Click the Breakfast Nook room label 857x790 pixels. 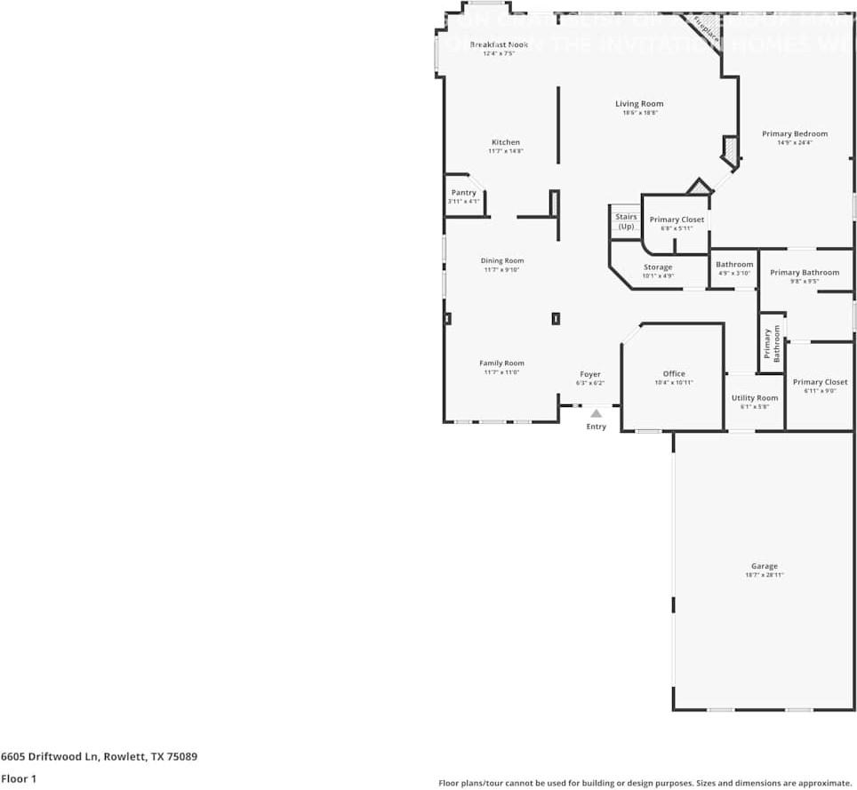pyautogui.click(x=499, y=44)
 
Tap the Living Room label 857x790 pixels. pyautogui.click(x=639, y=104)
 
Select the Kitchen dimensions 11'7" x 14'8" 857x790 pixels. pyautogui.click(x=505, y=151)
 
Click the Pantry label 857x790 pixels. pyautogui.click(x=463, y=193)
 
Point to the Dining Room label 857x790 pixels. pyautogui.click(x=502, y=260)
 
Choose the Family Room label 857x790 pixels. pyautogui.click(x=502, y=363)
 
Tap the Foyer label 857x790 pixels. pyautogui.click(x=590, y=374)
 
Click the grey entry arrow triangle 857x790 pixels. pyautogui.click(x=596, y=412)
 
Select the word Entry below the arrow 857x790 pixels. pyautogui.click(x=596, y=427)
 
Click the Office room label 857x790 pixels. pyautogui.click(x=674, y=373)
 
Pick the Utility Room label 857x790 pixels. pyautogui.click(x=754, y=398)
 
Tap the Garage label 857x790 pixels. pyautogui.click(x=764, y=566)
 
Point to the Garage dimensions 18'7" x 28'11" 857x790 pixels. pyautogui.click(x=764, y=575)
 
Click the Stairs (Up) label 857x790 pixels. pyautogui.click(x=626, y=221)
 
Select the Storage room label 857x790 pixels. pyautogui.click(x=658, y=267)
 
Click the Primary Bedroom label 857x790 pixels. pyautogui.click(x=795, y=133)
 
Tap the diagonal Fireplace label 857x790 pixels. pyautogui.click(x=707, y=29)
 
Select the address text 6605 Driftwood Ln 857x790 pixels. pyautogui.click(x=50, y=757)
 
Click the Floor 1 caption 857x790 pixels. pyautogui.click(x=19, y=778)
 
